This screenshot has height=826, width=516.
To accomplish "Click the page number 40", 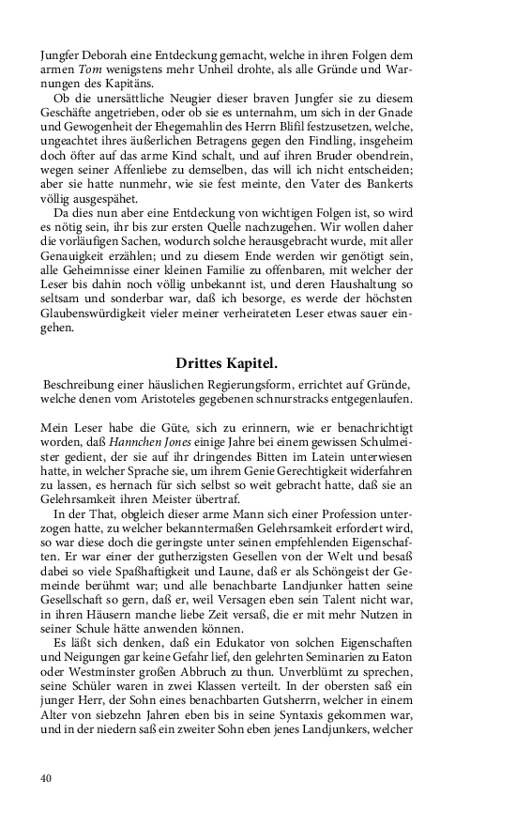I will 46,778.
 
